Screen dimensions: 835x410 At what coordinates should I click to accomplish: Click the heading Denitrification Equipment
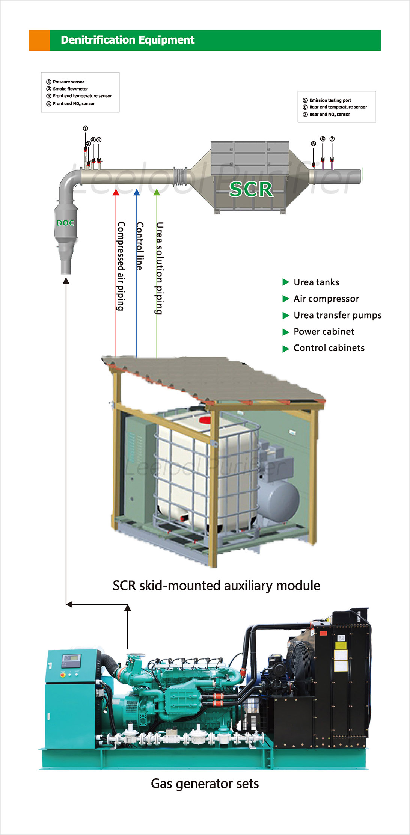(128, 40)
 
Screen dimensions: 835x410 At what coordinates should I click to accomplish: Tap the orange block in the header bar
(39, 40)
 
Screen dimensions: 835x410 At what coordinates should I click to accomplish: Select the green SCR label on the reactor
(251, 189)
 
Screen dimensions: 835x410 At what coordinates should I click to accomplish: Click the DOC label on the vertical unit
(65, 223)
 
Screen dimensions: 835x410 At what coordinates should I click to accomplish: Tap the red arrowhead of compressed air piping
(116, 192)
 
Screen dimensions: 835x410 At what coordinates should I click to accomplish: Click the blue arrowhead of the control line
(137, 192)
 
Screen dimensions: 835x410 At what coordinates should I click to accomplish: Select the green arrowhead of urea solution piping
(157, 192)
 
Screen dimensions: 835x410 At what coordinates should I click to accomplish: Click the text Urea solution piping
(160, 268)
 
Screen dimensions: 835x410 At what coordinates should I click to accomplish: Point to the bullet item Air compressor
(326, 299)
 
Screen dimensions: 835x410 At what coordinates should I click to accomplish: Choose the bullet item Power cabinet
(324, 332)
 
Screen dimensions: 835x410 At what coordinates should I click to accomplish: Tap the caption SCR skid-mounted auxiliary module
(216, 586)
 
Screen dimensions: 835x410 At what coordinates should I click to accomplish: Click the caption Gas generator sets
(205, 784)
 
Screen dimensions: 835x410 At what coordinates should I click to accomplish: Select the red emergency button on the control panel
(63, 675)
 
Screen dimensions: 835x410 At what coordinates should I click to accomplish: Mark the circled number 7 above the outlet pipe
(332, 139)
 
